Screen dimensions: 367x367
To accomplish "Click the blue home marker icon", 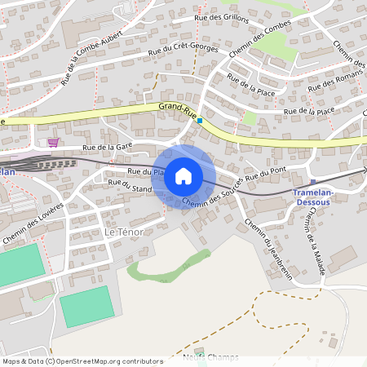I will coord(183,176).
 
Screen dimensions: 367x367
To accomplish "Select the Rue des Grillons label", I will coord(221,18).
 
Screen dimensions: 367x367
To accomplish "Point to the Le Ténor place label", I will coord(124,232).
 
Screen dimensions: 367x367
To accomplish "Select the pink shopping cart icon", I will coord(53,142).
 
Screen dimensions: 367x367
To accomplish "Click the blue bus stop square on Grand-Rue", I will coord(199,120).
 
